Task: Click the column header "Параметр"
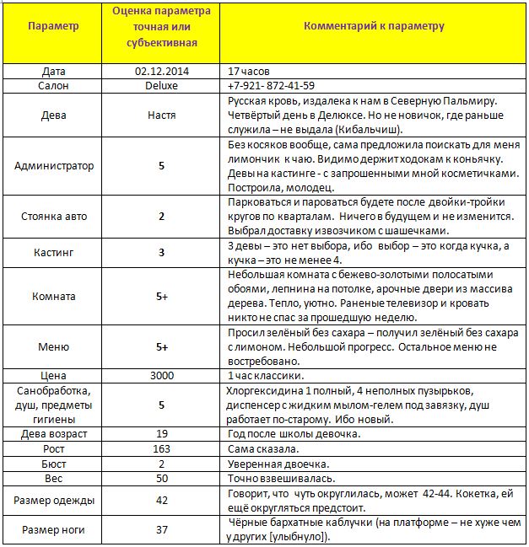[53, 26]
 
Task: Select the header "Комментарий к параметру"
[374, 26]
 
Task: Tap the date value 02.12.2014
[161, 71]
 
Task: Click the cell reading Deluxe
[161, 85]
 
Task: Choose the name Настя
[161, 115]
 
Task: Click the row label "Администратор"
[54, 166]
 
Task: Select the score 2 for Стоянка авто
[161, 216]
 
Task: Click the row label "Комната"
[54, 297]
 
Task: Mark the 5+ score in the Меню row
[161, 346]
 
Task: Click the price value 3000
[161, 374]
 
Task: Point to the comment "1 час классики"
[262, 374]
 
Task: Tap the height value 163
[161, 449]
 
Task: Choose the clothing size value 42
[161, 501]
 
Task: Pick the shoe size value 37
[161, 530]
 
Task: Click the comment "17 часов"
[248, 71]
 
